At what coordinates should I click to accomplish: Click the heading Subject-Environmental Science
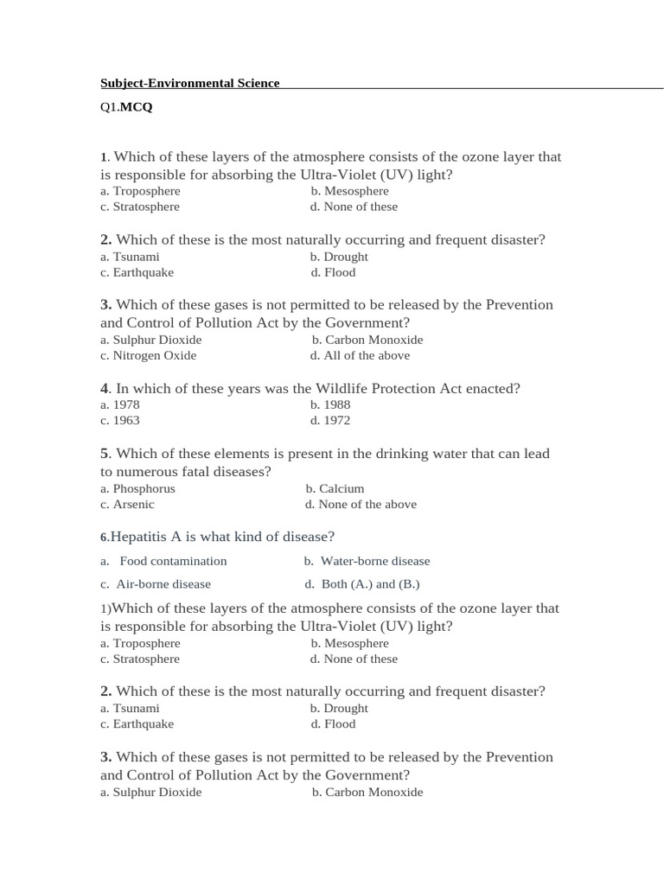(x=190, y=83)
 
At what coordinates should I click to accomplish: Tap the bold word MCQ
(x=136, y=107)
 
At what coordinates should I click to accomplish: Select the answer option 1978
(x=125, y=404)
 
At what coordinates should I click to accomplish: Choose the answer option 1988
(x=336, y=404)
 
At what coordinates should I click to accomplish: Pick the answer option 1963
(x=125, y=421)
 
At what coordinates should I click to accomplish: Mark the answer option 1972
(x=336, y=421)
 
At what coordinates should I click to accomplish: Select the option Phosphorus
(x=144, y=488)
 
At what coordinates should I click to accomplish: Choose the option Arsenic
(x=133, y=505)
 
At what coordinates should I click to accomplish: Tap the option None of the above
(x=367, y=505)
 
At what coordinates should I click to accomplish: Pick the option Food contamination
(x=173, y=561)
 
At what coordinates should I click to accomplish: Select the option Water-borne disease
(x=375, y=561)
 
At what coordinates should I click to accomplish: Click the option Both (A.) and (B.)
(x=370, y=584)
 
